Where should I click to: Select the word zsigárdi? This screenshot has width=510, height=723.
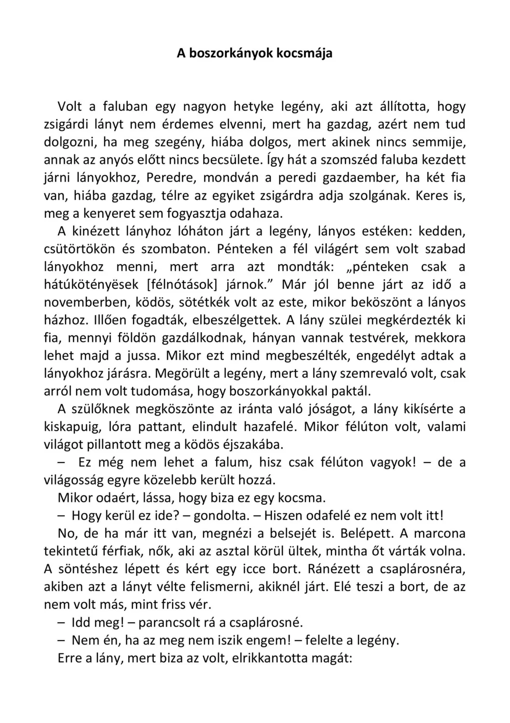(x=70, y=124)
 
